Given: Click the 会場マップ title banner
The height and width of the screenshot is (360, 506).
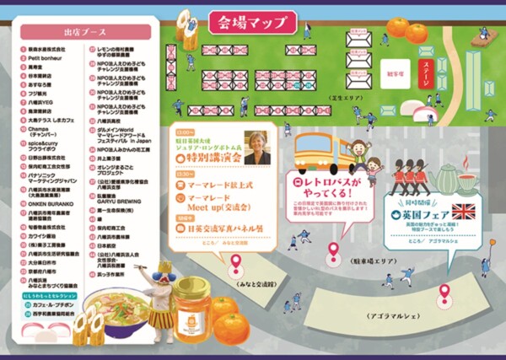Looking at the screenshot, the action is pos(251,22).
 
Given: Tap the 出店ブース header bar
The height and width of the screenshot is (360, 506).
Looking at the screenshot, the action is pos(87,32).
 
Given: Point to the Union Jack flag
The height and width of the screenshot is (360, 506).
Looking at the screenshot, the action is pos(464,211).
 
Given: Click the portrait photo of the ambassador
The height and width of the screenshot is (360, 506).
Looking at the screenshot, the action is pos(256,147).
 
